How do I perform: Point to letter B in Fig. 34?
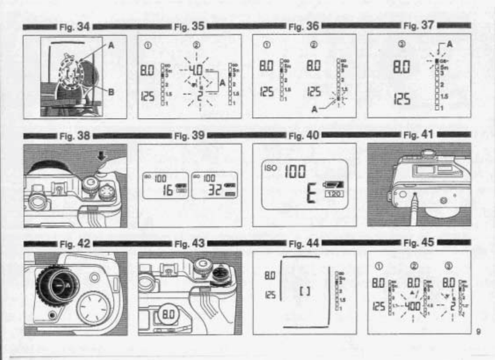tap(113, 93)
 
